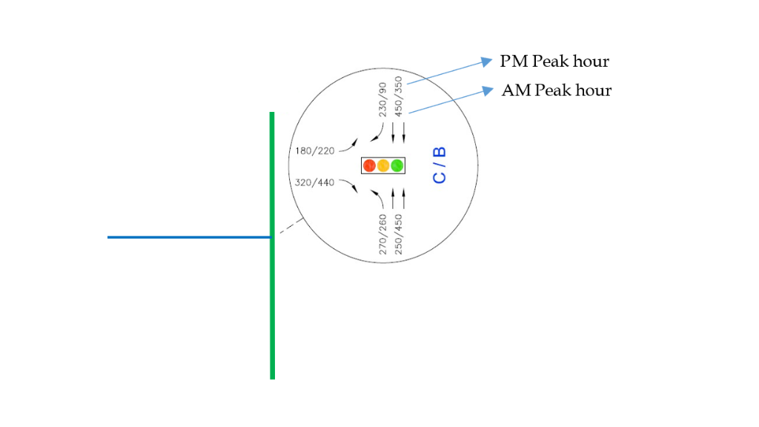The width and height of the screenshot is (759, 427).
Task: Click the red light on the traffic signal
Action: (369, 166)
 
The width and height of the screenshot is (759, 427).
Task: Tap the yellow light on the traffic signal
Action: (383, 166)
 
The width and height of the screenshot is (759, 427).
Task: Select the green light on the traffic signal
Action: (397, 166)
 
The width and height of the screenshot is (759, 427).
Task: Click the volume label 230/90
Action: (383, 99)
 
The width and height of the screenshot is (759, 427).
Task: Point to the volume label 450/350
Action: (399, 96)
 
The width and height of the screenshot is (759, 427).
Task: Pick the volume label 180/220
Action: (315, 151)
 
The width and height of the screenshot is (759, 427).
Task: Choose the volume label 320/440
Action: (315, 182)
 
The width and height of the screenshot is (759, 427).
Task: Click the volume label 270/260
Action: (383, 234)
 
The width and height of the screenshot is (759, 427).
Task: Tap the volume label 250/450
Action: (399, 234)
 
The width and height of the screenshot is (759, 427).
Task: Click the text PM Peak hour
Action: (554, 61)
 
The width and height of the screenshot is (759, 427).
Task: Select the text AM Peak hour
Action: (557, 90)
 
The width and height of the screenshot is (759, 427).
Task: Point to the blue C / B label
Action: (440, 165)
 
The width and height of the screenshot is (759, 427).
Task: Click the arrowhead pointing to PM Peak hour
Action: (486, 61)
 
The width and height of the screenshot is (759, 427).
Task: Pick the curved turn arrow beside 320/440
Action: (350, 187)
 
